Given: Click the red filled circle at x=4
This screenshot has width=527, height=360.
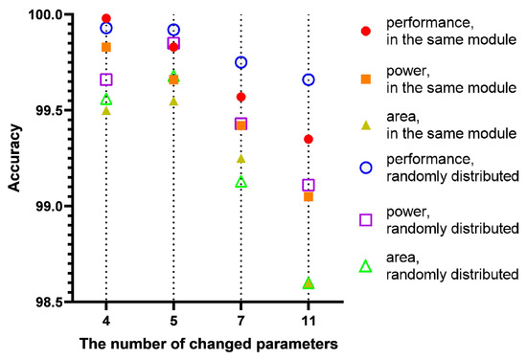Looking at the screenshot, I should pos(106,18).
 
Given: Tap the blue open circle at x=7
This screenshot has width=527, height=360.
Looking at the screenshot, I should pos(241,62).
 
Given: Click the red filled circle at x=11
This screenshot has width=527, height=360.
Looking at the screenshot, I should pos(308,139).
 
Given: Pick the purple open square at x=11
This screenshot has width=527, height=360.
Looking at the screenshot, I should pos(308,185).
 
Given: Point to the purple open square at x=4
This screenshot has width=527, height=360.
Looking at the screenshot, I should pos(106,79).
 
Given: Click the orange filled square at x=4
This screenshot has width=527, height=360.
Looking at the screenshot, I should pos(106,47).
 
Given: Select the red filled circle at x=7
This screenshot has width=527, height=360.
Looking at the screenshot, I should pos(241,97).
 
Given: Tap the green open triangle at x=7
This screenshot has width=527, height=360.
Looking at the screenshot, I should pos(241,181).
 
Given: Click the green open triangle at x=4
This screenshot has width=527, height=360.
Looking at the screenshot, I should pos(106,99).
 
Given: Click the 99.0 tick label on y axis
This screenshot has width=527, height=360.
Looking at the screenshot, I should pos(66,206).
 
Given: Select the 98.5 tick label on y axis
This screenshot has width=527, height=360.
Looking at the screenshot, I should pos(66,302).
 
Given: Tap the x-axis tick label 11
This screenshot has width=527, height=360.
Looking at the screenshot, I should pos(308,319).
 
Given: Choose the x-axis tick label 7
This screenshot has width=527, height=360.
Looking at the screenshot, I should pos(241,319).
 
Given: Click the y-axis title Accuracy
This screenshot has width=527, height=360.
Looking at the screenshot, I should pos(16,158).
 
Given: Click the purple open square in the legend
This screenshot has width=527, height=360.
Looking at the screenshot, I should pos(364,219).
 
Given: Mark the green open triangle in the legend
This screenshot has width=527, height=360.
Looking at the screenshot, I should pos(364,265).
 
